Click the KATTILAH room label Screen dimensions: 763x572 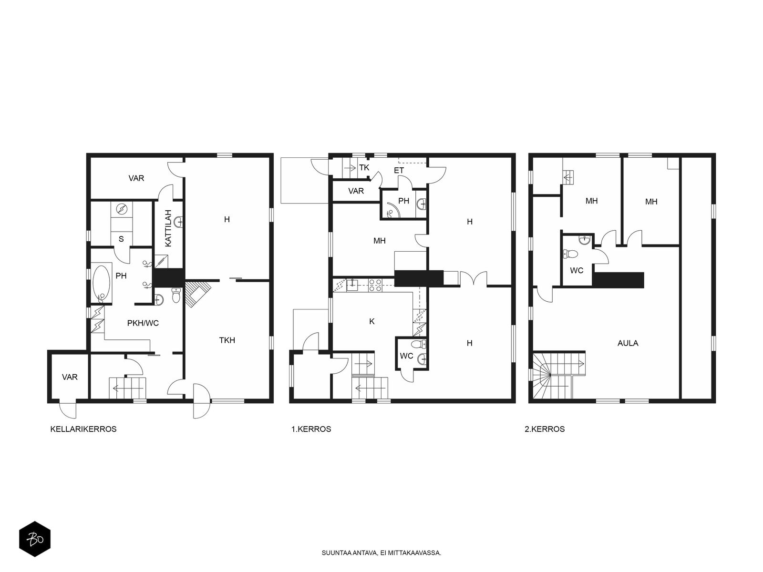coord(168,228)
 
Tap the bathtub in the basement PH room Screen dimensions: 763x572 coord(102,284)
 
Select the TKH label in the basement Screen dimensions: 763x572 coord(227,340)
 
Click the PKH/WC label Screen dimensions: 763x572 coord(143,323)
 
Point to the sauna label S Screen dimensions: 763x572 coord(121,239)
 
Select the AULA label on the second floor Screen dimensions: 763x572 coord(628,343)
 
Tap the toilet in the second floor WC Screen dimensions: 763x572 coord(570,254)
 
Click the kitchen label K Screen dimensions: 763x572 coord(372,322)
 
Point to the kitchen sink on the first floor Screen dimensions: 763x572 coord(352,285)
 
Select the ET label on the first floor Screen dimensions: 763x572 coord(399,171)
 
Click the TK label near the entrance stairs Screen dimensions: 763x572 coord(364,168)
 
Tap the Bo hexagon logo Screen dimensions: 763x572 coord(35,539)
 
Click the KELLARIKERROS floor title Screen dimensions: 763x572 coord(83,429)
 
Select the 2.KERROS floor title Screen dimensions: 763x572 coord(545,429)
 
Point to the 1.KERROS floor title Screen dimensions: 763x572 coord(311,429)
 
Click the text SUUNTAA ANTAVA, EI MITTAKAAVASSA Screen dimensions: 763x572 coord(381,553)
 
